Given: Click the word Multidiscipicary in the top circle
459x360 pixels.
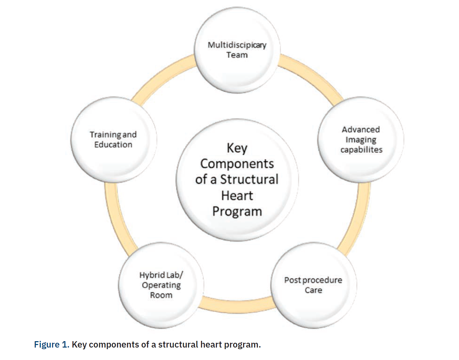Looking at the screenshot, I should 237,45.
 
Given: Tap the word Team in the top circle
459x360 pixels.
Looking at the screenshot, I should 237,55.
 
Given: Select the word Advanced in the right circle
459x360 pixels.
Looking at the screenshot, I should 361,130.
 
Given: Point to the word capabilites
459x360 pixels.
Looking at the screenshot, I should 361,150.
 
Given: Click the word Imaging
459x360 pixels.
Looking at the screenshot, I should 361,140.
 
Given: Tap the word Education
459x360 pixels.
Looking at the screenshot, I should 113,145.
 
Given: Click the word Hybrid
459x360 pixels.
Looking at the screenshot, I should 152,275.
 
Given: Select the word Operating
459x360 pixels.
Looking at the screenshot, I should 161,285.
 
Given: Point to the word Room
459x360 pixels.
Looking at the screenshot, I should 161,295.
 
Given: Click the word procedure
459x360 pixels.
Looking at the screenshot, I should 322,280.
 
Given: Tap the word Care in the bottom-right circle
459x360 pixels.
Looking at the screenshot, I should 313,290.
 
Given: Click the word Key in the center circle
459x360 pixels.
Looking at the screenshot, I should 237,148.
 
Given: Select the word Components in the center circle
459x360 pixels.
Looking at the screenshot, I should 237,164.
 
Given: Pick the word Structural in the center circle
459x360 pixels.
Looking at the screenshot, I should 249,179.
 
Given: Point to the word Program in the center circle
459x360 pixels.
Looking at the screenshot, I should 237,211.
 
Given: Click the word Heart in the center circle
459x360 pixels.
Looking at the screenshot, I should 237,195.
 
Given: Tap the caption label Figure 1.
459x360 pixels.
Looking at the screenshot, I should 51,345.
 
